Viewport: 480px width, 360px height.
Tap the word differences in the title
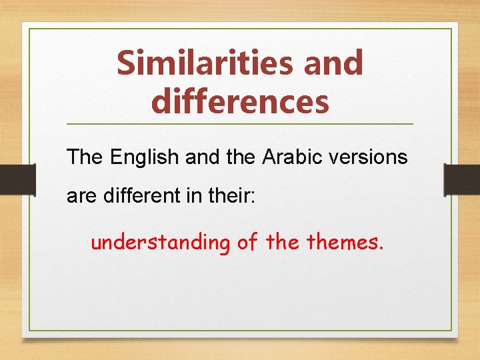[x=240, y=102]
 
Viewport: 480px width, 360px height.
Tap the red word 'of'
[x=247, y=242]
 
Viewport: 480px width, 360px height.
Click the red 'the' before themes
[x=283, y=242]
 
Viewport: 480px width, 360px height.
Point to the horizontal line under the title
[x=240, y=124]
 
